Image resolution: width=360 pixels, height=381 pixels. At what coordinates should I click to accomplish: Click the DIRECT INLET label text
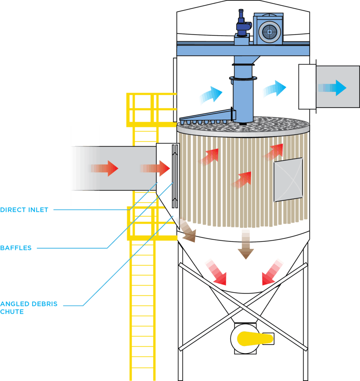click(x=24, y=210)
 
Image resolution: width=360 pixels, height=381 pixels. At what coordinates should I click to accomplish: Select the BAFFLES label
click(x=16, y=248)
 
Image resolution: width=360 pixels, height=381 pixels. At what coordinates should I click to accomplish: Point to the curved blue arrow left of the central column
click(x=210, y=95)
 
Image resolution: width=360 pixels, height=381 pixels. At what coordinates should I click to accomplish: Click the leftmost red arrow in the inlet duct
click(x=105, y=169)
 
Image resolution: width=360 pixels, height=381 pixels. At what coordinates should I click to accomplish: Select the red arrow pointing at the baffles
click(x=156, y=169)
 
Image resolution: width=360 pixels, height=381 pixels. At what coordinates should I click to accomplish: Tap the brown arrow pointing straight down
click(x=246, y=244)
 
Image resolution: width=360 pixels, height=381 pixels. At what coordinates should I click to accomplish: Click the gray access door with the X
click(x=288, y=180)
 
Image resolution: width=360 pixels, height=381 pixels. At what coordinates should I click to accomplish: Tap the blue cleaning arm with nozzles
click(x=206, y=116)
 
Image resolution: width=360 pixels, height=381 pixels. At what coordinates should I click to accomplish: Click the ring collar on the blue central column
click(x=242, y=78)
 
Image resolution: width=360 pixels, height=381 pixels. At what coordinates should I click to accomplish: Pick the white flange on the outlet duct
click(x=307, y=87)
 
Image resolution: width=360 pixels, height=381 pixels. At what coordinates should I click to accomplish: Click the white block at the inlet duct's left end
click(x=81, y=166)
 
